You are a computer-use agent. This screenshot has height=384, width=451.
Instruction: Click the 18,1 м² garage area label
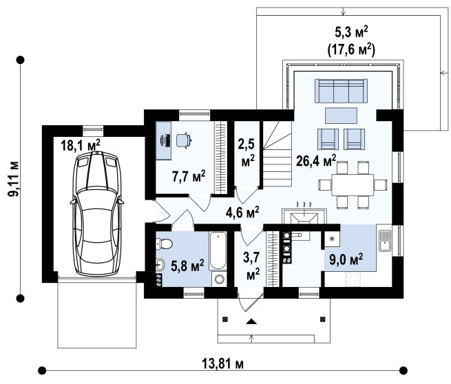click(x=81, y=145)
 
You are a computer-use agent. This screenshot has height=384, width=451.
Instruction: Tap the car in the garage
click(x=97, y=213)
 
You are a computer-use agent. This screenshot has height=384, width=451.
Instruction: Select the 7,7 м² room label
click(x=189, y=176)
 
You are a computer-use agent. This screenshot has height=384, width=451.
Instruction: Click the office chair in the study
click(x=184, y=140)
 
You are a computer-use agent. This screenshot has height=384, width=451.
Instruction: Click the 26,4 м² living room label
click(x=316, y=161)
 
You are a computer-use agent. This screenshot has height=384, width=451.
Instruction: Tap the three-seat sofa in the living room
click(x=342, y=91)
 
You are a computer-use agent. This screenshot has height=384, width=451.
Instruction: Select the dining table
click(x=353, y=184)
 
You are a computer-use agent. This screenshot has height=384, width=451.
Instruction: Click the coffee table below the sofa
click(x=341, y=116)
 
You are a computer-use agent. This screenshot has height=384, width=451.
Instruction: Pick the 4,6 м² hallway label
click(x=242, y=213)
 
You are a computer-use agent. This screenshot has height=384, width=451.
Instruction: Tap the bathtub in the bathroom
click(x=218, y=250)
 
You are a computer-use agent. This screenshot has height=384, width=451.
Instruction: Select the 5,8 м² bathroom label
click(x=187, y=266)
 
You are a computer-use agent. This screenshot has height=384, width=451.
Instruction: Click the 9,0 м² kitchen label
click(x=346, y=259)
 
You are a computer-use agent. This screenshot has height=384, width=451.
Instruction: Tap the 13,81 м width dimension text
click(x=223, y=364)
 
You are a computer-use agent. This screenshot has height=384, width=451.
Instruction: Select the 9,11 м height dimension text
click(x=13, y=179)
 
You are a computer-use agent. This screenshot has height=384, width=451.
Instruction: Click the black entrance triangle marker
click(x=251, y=321)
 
